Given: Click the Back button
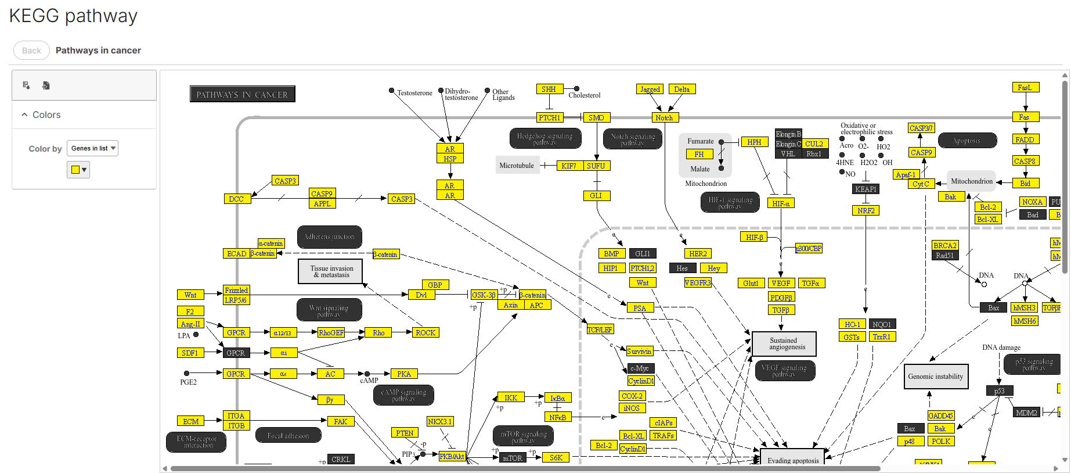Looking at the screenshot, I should pyautogui.click(x=31, y=51).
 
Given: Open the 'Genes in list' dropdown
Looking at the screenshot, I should pyautogui.click(x=92, y=148).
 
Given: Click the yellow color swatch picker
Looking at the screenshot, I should pyautogui.click(x=78, y=170).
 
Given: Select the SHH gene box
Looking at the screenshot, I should pyautogui.click(x=549, y=89).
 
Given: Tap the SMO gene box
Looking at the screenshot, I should pyautogui.click(x=596, y=117).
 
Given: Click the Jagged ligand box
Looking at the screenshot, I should pyautogui.click(x=650, y=89).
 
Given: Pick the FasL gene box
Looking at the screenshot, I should pyautogui.click(x=1025, y=88).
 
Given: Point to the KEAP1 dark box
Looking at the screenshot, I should pyautogui.click(x=866, y=189).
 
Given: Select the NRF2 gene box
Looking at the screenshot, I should pyautogui.click(x=866, y=210).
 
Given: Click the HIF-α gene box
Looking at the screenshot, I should pyautogui.click(x=781, y=203).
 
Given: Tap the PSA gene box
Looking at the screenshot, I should pyautogui.click(x=640, y=308).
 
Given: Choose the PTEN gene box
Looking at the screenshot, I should pyautogui.click(x=405, y=433).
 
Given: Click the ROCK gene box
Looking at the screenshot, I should pyautogui.click(x=425, y=333).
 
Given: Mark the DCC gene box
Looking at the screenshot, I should pyautogui.click(x=236, y=199).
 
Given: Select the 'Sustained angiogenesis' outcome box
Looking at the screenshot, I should pyautogui.click(x=784, y=344).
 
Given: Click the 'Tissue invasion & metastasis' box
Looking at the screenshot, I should pyautogui.click(x=330, y=271).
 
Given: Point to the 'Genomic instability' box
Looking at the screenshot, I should pyautogui.click(x=935, y=377).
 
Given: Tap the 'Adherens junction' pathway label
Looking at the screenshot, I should pyautogui.click(x=329, y=237).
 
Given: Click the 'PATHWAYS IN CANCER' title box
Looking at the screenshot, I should pyautogui.click(x=242, y=94).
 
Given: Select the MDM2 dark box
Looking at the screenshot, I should pyautogui.click(x=1026, y=413).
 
